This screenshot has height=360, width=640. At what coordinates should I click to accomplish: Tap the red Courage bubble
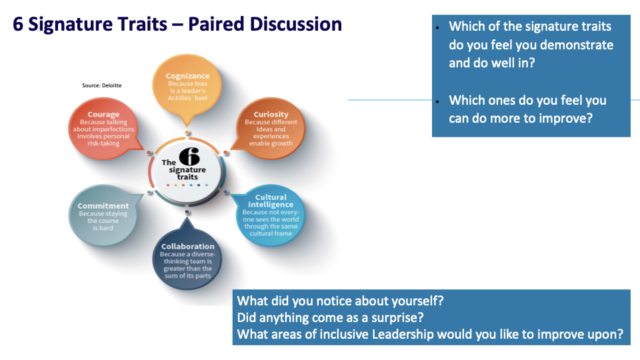[x=103, y=128]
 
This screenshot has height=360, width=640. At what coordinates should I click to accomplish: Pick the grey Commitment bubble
[x=103, y=216]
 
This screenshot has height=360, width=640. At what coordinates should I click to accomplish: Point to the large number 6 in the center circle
[x=189, y=157]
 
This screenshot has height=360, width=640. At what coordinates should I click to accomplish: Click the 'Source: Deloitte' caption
[x=102, y=86]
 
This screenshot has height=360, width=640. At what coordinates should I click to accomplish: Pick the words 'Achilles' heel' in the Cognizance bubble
[x=187, y=99]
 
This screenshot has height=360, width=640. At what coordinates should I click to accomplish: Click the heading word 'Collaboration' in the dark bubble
[x=187, y=247]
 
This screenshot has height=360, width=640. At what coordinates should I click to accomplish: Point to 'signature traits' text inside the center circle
[x=187, y=175]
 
